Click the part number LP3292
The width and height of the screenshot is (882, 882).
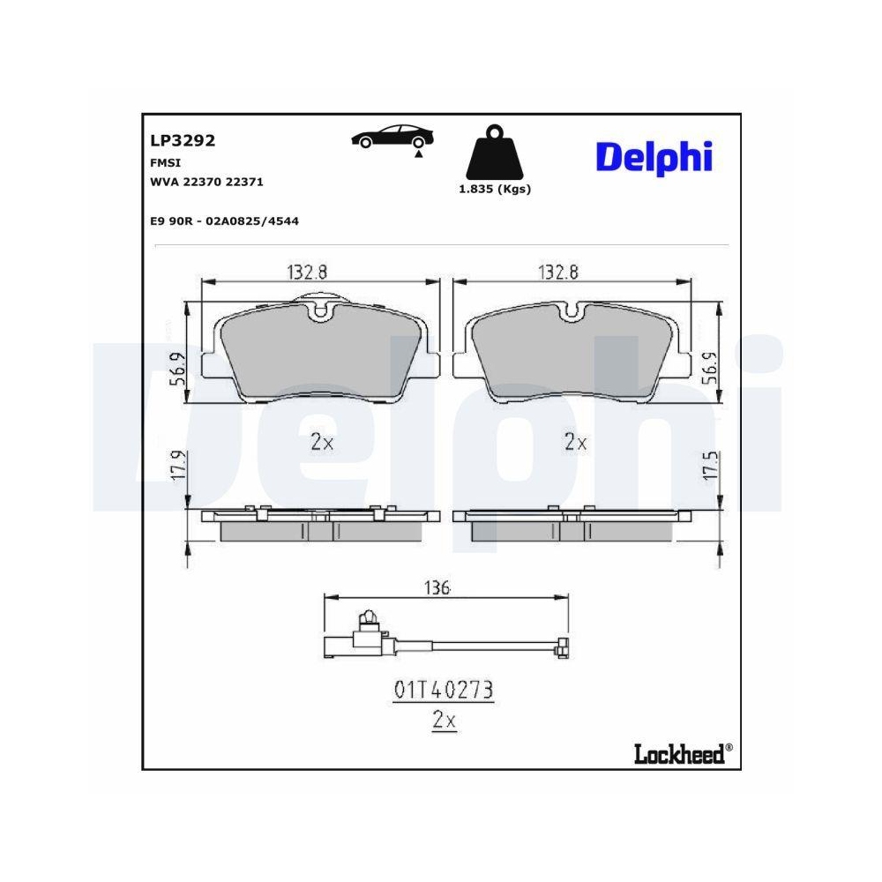(183, 140)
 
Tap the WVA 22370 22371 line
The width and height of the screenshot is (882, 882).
(207, 182)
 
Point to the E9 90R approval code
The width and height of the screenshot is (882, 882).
(224, 220)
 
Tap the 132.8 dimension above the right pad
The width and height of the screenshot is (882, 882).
(558, 273)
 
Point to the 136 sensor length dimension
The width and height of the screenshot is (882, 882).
(437, 587)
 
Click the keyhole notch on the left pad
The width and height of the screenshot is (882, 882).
(322, 310)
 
